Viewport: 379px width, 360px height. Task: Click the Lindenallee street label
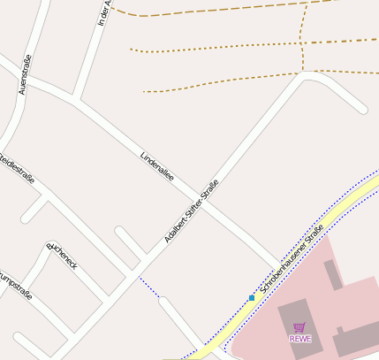point(157,167)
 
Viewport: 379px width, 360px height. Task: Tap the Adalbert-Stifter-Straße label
point(191,211)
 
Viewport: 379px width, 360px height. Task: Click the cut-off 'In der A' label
point(104,12)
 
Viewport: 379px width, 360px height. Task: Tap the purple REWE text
point(299,338)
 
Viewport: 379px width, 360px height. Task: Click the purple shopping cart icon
point(299,327)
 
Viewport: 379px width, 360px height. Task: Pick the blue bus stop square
point(252,298)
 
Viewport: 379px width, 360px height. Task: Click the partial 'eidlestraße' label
point(17,170)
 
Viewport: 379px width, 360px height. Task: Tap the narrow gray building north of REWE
point(333,275)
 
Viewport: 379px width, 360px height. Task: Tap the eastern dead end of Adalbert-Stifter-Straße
point(362,110)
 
